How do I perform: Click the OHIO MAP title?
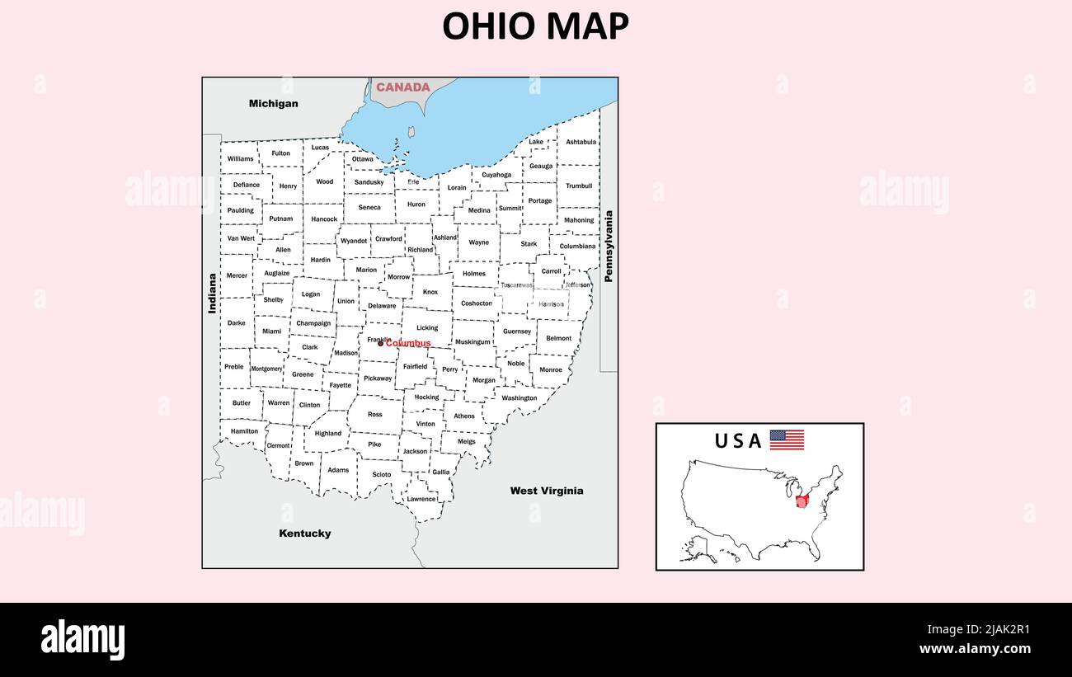(535, 26)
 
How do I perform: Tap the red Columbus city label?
(408, 344)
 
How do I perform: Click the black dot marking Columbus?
(380, 344)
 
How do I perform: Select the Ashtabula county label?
(581, 142)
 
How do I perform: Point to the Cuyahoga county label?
(496, 175)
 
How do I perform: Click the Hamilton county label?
(244, 431)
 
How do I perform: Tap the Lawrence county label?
(421, 499)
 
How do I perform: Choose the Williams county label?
(241, 158)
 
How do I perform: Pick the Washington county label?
(520, 398)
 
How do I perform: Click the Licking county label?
(427, 328)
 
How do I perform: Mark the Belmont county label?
(558, 338)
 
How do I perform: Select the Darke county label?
(237, 323)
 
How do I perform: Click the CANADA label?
(403, 87)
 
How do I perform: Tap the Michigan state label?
(274, 104)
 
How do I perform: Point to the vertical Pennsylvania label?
(609, 247)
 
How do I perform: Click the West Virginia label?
(546, 491)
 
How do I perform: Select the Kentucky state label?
(305, 534)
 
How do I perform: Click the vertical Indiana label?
(213, 294)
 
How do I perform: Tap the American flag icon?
(787, 440)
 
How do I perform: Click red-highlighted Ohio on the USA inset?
(803, 501)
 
